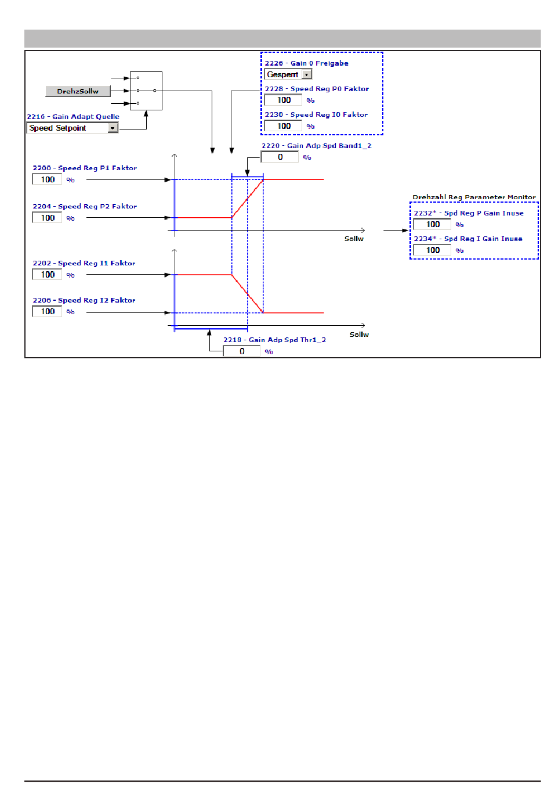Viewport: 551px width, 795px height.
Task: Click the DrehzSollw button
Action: coord(78,91)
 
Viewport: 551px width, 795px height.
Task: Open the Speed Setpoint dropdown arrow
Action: coord(113,128)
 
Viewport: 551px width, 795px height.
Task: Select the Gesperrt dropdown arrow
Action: coord(307,74)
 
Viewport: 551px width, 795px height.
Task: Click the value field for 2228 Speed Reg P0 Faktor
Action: coord(283,100)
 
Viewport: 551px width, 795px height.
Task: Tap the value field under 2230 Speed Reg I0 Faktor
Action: coord(283,126)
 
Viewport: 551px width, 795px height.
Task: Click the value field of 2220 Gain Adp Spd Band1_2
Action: coord(280,157)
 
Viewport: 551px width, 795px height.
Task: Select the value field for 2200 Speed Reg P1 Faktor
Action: coord(47,179)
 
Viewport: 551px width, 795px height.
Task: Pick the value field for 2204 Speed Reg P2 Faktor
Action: coord(47,218)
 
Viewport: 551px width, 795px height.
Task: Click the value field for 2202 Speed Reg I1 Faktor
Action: coord(47,275)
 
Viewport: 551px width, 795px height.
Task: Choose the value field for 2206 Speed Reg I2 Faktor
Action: coord(47,311)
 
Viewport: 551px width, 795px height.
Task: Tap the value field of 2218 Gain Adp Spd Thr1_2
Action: coord(241,351)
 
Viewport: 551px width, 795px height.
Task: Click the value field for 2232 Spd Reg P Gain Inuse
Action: coord(432,224)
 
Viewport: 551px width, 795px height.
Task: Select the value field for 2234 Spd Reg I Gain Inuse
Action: coord(432,250)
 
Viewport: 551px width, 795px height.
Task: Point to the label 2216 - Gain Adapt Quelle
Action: coord(73,117)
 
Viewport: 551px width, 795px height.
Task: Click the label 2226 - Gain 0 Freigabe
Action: coord(307,63)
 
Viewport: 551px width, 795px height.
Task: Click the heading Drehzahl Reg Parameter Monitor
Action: coord(474,197)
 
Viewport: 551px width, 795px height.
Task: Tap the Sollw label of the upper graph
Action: coord(354,239)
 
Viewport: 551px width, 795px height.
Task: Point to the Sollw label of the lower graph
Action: coord(359,334)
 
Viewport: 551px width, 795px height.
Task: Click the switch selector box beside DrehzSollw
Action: coord(146,91)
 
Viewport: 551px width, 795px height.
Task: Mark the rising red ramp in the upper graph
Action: coord(248,199)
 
